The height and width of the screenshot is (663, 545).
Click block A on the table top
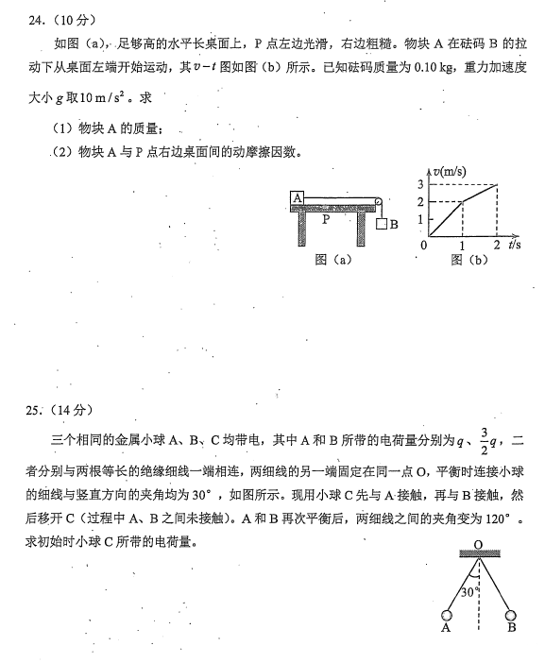(296, 197)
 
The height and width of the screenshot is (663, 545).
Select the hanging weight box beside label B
(381, 225)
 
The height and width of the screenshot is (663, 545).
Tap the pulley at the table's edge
(376, 200)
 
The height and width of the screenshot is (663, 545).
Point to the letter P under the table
(327, 219)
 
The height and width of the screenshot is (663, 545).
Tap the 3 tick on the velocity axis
(420, 183)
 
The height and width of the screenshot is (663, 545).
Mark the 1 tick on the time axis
(462, 246)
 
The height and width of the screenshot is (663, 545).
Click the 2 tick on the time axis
(497, 246)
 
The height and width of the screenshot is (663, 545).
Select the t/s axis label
(515, 245)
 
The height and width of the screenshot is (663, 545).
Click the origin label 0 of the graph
(423, 246)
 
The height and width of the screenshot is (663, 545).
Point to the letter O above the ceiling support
(478, 544)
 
